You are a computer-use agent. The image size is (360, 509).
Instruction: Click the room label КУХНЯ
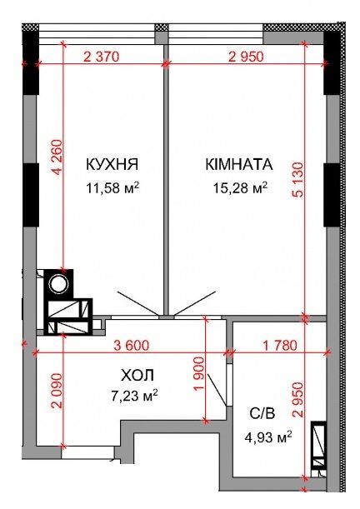pyautogui.click(x=112, y=164)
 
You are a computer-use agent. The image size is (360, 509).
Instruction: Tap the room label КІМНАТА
pyautogui.click(x=239, y=164)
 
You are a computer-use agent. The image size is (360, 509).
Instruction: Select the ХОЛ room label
pyautogui.click(x=137, y=376)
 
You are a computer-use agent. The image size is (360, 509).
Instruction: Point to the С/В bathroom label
pyautogui.click(x=262, y=413)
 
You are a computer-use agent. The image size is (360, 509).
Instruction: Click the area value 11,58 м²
pyautogui.click(x=112, y=187)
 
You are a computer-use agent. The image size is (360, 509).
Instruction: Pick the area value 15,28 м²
pyautogui.click(x=240, y=187)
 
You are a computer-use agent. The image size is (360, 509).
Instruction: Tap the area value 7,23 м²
pyautogui.click(x=134, y=396)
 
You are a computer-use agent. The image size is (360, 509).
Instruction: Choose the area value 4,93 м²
pyautogui.click(x=268, y=438)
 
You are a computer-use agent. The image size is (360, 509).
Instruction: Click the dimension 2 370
pyautogui.click(x=102, y=57)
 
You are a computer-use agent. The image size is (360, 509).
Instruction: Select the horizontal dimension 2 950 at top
pyautogui.click(x=246, y=57)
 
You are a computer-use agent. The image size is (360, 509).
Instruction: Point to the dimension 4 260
pyautogui.click(x=57, y=157)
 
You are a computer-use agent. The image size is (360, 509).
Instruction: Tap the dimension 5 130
pyautogui.click(x=297, y=179)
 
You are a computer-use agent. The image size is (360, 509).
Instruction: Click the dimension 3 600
pyautogui.click(x=132, y=345)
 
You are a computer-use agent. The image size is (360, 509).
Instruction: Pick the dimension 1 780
pyautogui.click(x=280, y=345)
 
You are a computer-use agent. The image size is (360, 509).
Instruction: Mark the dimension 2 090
pyautogui.click(x=57, y=391)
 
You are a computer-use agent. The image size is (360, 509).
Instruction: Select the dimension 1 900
pyautogui.click(x=199, y=375)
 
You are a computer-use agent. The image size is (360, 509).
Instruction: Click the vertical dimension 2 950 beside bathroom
pyautogui.click(x=297, y=400)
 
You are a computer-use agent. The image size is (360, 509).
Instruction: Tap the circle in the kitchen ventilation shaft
pyautogui.click(x=59, y=284)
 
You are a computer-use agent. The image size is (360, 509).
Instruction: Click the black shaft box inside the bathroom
pyautogui.click(x=318, y=446)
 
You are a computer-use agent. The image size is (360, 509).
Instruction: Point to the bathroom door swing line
pyautogui.click(x=217, y=390)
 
